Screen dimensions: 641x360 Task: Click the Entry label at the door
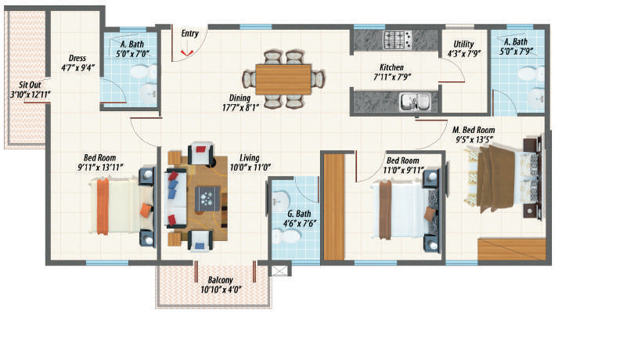[190, 34]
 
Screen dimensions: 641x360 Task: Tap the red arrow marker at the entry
[187, 52]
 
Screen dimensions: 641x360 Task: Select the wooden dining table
[283, 79]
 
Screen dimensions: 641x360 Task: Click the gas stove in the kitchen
[397, 40]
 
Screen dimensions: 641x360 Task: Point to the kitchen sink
[415, 102]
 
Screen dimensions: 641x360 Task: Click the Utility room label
[463, 44]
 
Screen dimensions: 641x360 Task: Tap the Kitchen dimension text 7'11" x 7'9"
[392, 77]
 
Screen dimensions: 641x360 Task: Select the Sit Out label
[30, 85]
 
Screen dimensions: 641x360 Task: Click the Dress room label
[77, 58]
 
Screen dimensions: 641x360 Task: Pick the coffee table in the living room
[207, 199]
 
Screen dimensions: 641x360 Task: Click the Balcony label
[221, 280]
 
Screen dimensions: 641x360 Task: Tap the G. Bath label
[299, 214]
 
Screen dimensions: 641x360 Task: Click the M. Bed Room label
[474, 130]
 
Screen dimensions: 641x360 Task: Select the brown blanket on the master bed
[496, 178]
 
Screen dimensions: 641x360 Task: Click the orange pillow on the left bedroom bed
[146, 210]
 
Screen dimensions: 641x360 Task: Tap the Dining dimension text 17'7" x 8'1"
[240, 107]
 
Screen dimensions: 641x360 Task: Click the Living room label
[250, 158]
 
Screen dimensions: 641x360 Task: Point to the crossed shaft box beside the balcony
[280, 271]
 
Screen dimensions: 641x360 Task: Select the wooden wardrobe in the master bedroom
[511, 249]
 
